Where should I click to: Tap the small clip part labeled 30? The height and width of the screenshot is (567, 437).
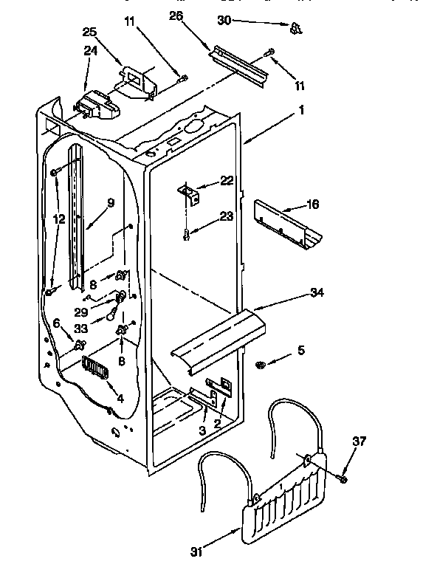pyautogui.click(x=296, y=28)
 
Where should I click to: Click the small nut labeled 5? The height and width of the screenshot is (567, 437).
pyautogui.click(x=261, y=365)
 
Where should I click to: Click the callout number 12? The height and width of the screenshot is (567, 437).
pyautogui.click(x=58, y=219)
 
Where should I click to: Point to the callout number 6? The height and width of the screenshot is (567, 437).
pyautogui.click(x=56, y=323)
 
